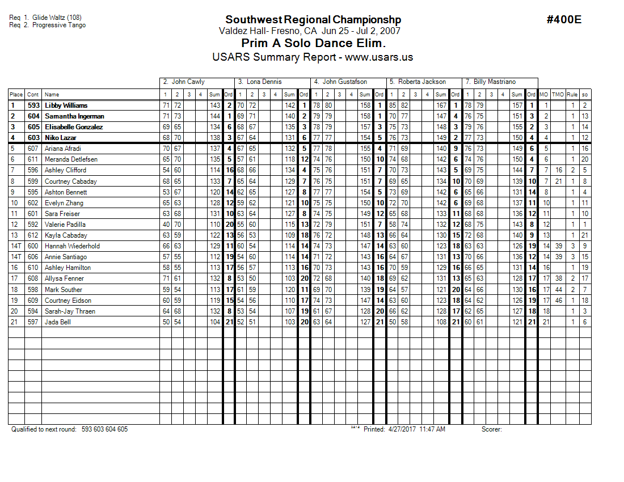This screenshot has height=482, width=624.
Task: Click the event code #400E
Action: [x=564, y=20]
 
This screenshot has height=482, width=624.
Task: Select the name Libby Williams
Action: [x=66, y=105]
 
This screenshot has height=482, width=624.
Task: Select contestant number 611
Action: [x=33, y=159]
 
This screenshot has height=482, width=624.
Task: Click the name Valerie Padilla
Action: [x=66, y=225]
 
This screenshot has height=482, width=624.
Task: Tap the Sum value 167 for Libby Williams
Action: [x=441, y=105]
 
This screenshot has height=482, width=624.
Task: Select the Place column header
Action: [x=16, y=95]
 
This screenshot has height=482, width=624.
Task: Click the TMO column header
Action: [x=559, y=95]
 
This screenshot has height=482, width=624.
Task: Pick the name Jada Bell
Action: [x=57, y=322]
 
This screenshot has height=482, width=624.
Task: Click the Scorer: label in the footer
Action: [x=491, y=429]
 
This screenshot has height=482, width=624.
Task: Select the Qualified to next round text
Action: [x=44, y=429]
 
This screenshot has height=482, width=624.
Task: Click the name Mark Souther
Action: [x=64, y=289]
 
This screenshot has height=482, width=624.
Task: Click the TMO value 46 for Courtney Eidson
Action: [x=559, y=301]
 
